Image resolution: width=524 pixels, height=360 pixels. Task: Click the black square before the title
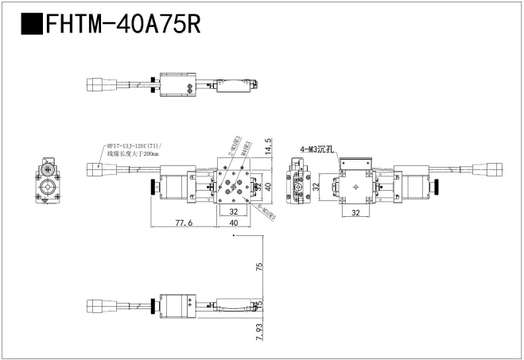tap(31, 23)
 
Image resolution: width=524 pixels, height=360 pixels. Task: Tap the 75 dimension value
tap(258, 267)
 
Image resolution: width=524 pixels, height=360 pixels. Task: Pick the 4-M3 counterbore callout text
tap(317, 149)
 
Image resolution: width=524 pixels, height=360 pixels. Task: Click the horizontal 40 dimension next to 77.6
tap(234, 224)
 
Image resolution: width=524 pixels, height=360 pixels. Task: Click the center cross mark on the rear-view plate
tap(355, 188)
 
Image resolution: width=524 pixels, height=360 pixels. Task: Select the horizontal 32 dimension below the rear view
tap(355, 214)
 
